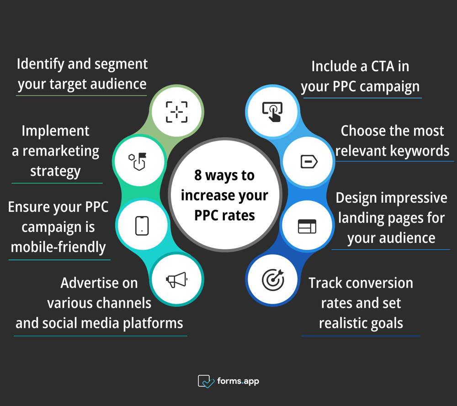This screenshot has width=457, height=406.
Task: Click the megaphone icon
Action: [x=176, y=279]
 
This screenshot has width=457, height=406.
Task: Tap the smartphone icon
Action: [x=142, y=225]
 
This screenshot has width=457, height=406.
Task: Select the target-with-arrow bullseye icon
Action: [x=273, y=279]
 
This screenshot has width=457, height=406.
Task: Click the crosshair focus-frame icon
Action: [x=177, y=112]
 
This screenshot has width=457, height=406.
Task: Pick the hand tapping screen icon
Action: [x=272, y=111]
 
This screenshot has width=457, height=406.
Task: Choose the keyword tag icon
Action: [x=308, y=162]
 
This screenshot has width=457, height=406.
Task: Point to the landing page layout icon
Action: [x=307, y=226]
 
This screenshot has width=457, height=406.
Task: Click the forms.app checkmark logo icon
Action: [x=206, y=381]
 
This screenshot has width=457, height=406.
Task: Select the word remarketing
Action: [x=61, y=151]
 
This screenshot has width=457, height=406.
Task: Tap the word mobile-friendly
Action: [x=58, y=247]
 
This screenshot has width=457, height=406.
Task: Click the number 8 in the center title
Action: [x=198, y=175]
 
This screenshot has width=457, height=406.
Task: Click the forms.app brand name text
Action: [x=238, y=381]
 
